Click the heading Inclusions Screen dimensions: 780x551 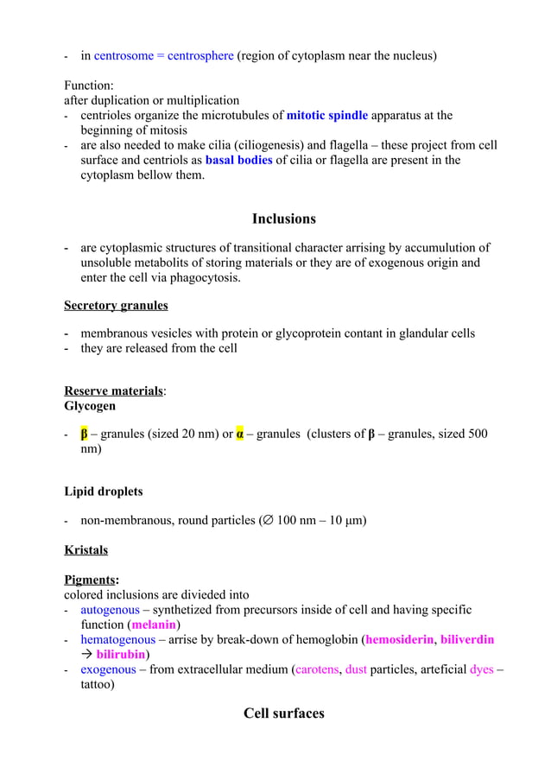283,219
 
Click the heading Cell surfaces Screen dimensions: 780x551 283,713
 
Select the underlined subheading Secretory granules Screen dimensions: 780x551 116,306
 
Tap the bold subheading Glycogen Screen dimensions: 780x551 90,405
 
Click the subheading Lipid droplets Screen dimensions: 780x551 104,491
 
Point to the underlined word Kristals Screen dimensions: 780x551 85,550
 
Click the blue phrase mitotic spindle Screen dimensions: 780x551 326,115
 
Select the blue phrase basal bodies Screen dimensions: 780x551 238,160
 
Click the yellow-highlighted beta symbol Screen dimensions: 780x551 85,434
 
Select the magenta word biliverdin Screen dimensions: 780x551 467,639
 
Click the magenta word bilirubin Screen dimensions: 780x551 120,654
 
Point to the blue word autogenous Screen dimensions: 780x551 110,610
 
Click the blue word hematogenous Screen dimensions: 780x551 117,639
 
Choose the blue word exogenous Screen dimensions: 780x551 108,669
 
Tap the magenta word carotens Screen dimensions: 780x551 317,669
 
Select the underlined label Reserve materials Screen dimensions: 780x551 113,390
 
